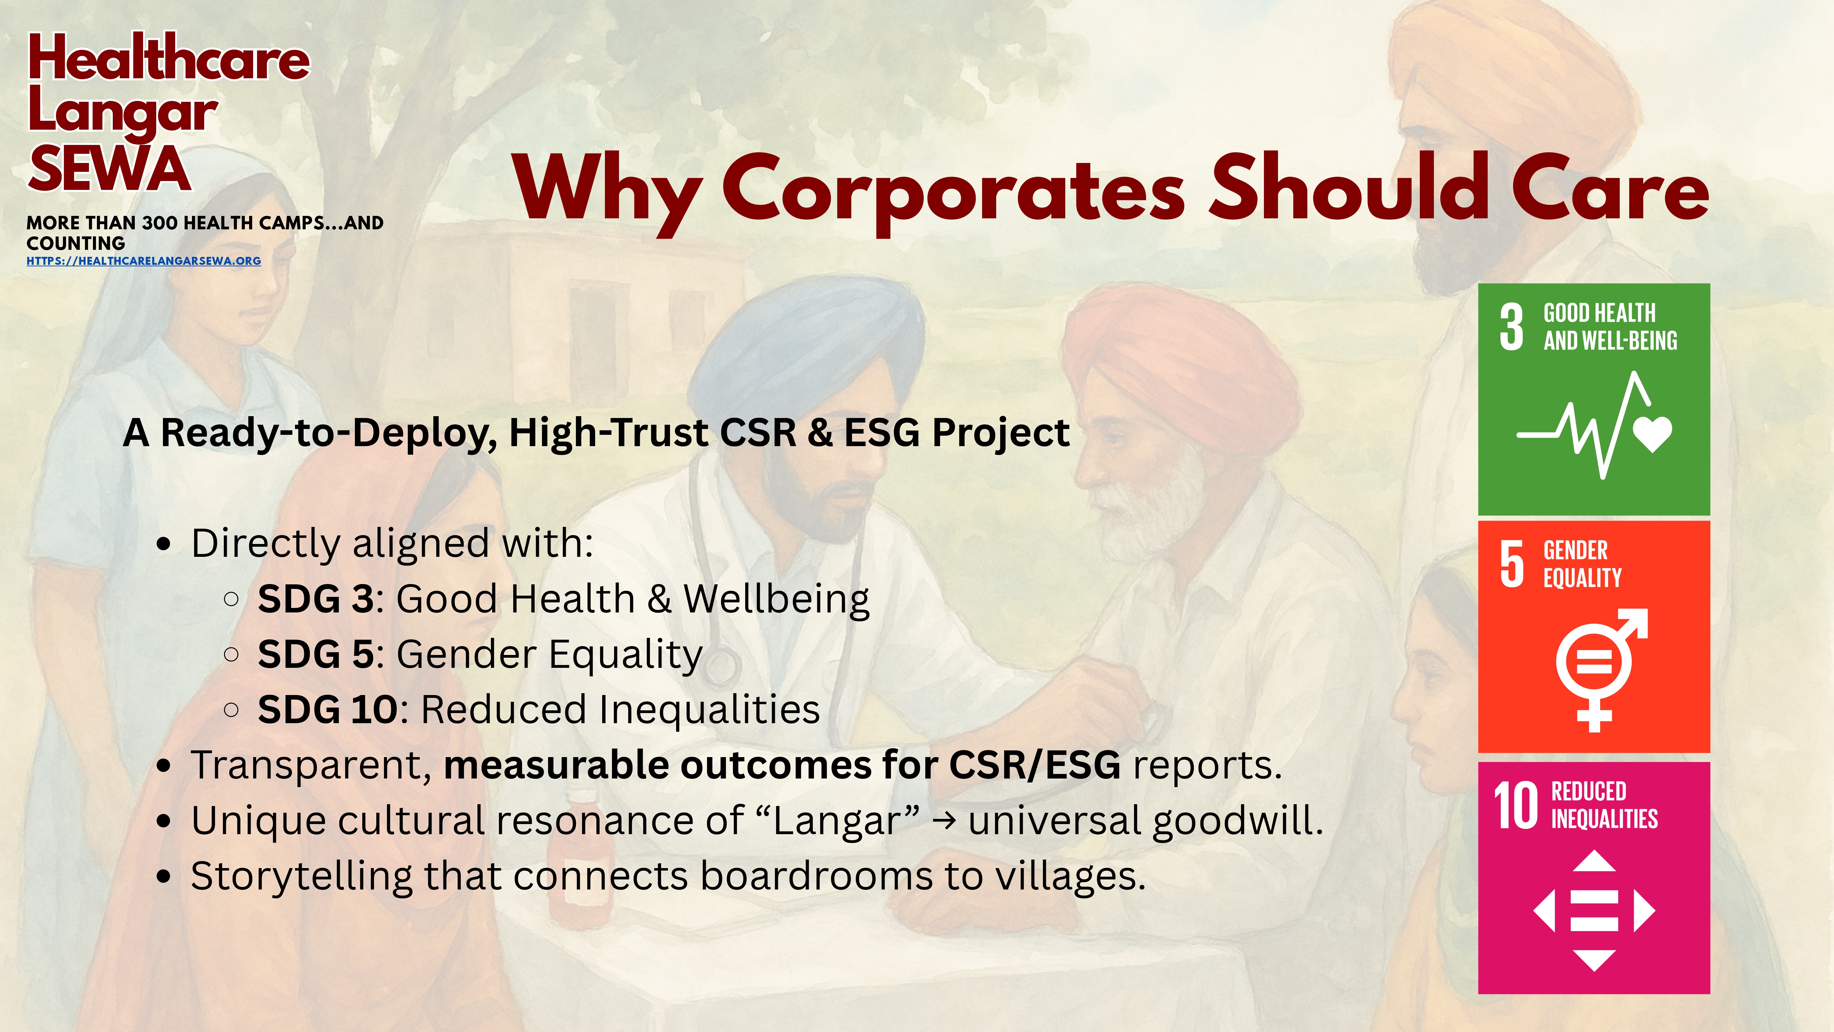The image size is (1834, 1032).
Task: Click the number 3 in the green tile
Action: click(1512, 327)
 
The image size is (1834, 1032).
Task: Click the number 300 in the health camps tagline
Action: click(160, 223)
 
